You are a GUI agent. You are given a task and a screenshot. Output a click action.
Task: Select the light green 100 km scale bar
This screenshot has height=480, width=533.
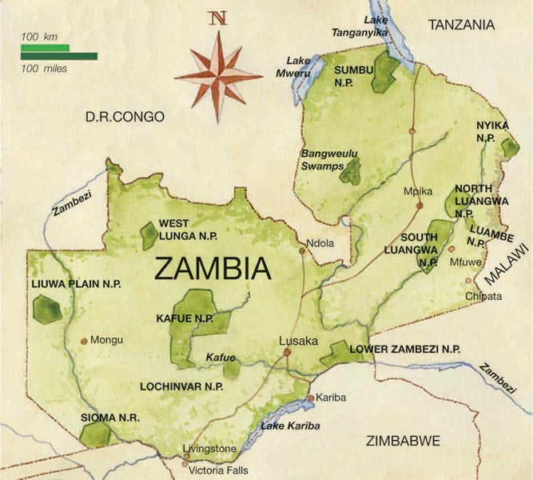45,49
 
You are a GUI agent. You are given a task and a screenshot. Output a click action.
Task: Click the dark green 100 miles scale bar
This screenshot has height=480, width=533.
58,57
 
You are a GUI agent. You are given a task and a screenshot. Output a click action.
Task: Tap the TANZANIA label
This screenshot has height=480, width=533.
461,26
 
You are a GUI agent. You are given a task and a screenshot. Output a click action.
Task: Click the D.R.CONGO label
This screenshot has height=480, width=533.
125,118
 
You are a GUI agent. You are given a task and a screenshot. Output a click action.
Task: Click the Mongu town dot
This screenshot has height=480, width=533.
84,340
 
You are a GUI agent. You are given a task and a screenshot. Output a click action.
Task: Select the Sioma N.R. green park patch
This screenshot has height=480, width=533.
96,434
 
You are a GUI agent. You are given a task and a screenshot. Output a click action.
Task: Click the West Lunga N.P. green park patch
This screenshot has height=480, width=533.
149,234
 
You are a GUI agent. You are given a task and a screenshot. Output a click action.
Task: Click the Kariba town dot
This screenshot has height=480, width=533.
311,398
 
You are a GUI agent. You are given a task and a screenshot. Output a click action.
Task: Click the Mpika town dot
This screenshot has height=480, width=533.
419,206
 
